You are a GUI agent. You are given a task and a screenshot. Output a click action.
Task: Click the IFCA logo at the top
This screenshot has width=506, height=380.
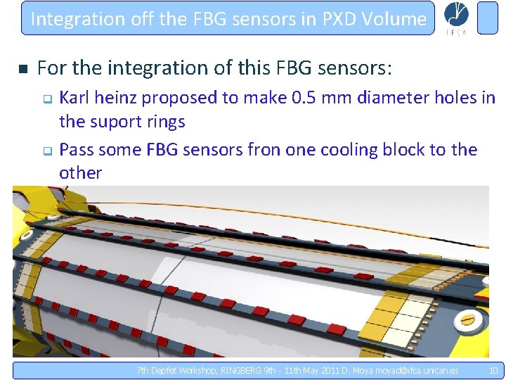(458, 18)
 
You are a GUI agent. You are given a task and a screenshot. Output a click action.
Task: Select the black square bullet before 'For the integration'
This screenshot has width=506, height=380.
(22, 69)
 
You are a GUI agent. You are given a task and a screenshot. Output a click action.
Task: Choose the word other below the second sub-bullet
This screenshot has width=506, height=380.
(80, 173)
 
